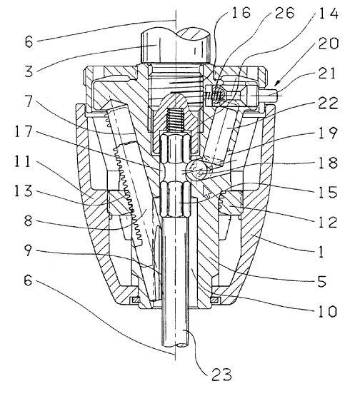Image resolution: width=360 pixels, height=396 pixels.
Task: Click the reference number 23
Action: click(x=221, y=375)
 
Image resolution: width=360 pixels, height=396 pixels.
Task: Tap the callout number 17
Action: click(x=24, y=132)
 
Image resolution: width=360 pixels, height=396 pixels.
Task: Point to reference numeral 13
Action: click(x=24, y=191)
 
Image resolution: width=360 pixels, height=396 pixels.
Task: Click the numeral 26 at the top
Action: click(x=285, y=12)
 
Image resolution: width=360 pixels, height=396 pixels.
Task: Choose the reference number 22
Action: click(x=328, y=103)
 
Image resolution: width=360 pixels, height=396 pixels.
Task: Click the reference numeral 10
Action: click(x=328, y=310)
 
